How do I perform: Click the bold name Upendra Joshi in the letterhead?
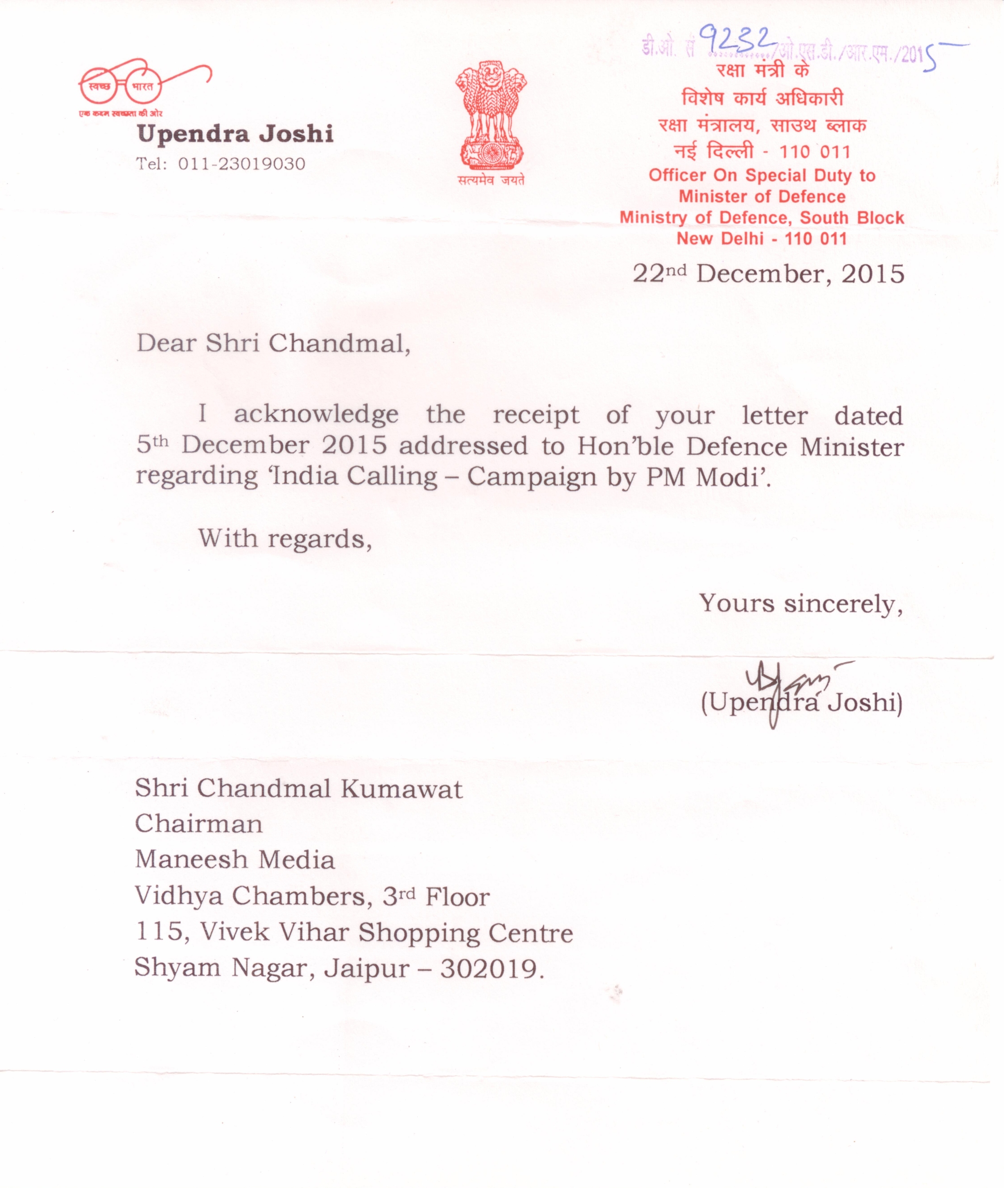pos(235,134)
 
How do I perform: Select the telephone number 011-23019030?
pos(241,164)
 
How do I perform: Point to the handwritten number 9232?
pos(737,41)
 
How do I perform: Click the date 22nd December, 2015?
pos(768,274)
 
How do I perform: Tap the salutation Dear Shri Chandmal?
pos(273,343)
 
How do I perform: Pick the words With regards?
pos(284,538)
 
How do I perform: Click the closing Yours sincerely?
pos(801,604)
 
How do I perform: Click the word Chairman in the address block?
pos(199,824)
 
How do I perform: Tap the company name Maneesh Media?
pos(234,860)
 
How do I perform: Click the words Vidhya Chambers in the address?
pos(249,897)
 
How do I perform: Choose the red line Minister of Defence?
pos(762,197)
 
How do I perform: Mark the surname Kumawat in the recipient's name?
pos(401,789)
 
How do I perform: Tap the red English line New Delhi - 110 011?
pos(761,239)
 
